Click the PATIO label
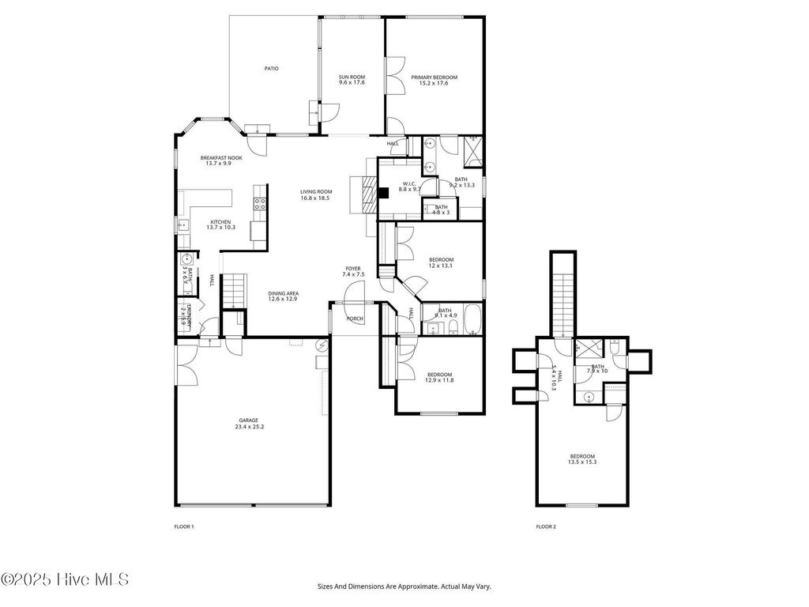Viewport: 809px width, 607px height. pyautogui.click(x=271, y=68)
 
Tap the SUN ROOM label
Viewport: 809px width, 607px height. pyautogui.click(x=352, y=77)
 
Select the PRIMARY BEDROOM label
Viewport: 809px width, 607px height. pyautogui.click(x=434, y=77)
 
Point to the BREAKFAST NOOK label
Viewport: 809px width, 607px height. pyautogui.click(x=221, y=157)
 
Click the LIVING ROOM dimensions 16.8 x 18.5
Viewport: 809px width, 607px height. pyautogui.click(x=314, y=198)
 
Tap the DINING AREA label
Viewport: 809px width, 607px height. pyautogui.click(x=282, y=293)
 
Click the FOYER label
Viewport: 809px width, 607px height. pyautogui.click(x=352, y=269)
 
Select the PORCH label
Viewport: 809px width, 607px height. pyautogui.click(x=356, y=319)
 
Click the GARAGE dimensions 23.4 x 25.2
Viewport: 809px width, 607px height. pyautogui.click(x=249, y=427)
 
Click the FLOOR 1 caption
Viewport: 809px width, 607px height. pyautogui.click(x=183, y=526)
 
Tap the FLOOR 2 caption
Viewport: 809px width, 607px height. pyautogui.click(x=546, y=526)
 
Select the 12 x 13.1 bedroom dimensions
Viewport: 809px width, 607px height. pyautogui.click(x=441, y=266)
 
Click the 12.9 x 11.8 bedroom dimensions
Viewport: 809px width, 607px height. pyautogui.click(x=440, y=380)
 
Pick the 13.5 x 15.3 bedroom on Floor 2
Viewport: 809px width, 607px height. pyautogui.click(x=583, y=462)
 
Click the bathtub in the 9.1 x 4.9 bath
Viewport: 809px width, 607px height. pyautogui.click(x=472, y=318)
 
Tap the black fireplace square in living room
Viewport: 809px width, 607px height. pyautogui.click(x=383, y=191)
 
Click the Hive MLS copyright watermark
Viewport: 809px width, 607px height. pyautogui.click(x=65, y=579)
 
